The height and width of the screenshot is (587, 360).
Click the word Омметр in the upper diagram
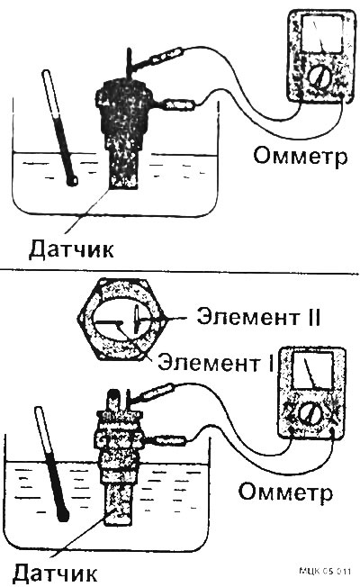300,156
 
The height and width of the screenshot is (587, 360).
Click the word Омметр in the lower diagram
285,492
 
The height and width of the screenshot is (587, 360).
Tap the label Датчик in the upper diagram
71,248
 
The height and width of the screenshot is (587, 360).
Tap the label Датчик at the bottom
55,572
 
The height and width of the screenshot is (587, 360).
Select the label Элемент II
258,318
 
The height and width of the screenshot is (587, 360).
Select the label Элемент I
216,362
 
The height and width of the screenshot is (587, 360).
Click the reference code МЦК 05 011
325,572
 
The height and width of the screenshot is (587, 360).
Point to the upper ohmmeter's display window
322,34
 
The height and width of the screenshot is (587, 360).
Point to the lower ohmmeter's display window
312,370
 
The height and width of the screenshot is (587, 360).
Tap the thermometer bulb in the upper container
73,180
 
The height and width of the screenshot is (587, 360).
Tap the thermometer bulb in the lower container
64,515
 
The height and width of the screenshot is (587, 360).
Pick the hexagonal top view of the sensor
121,320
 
